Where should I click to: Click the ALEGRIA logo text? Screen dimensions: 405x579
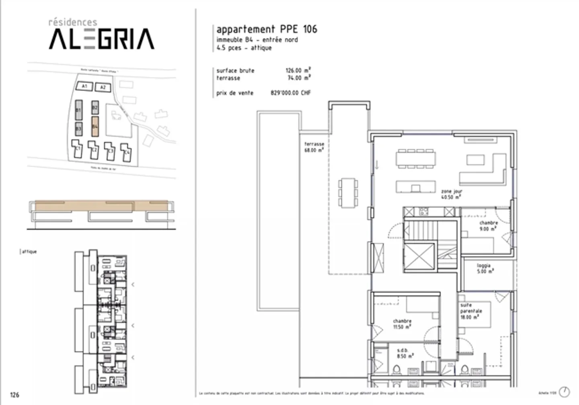point(101,39)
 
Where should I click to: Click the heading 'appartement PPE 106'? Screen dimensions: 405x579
point(267,29)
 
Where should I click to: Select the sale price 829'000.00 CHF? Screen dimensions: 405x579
point(290,93)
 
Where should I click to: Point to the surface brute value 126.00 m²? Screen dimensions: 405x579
point(298,70)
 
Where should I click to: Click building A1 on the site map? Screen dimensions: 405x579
point(84,86)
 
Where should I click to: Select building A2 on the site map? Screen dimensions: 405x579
point(103,87)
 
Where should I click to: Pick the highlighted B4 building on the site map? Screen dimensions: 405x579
point(95,126)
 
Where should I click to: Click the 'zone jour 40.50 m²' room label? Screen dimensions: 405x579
point(451,194)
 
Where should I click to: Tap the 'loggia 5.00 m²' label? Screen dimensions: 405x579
point(484,269)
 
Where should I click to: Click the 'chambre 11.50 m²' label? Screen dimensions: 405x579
point(402,324)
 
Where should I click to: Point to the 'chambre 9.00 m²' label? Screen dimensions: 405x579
point(488,226)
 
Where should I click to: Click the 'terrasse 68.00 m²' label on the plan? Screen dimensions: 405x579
point(314,147)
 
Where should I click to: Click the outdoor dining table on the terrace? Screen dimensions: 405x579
point(348,193)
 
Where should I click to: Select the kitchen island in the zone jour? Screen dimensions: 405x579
point(415,187)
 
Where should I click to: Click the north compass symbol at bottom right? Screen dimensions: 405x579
point(565,392)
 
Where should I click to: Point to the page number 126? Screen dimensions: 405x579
point(14,395)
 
